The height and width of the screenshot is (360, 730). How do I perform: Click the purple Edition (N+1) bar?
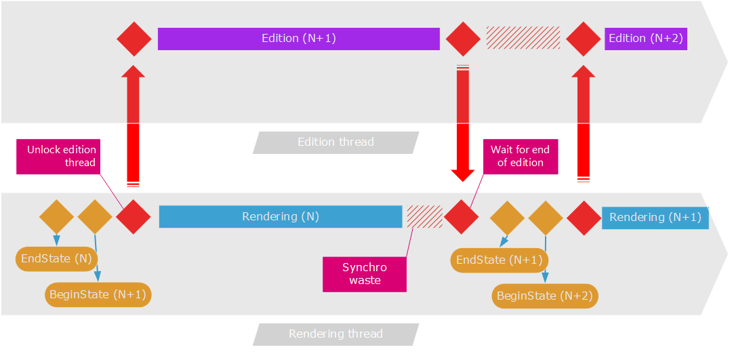click(299, 39)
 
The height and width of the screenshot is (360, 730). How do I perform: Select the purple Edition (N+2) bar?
click(645, 39)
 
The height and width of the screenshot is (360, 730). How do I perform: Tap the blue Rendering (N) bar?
click(280, 217)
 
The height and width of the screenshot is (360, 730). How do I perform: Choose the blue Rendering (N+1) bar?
click(655, 218)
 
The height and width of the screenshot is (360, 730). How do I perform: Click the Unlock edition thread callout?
click(61, 157)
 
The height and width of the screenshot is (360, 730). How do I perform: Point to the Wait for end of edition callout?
click(520, 157)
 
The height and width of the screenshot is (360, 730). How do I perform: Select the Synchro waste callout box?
click(365, 274)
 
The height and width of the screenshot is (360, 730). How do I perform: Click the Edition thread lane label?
click(336, 142)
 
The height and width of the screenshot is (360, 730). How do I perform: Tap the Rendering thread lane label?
click(336, 334)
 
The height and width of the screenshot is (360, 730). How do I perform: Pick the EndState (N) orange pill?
click(56, 258)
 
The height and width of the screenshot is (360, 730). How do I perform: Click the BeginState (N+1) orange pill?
click(98, 295)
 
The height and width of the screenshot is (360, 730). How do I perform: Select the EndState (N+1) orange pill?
click(500, 260)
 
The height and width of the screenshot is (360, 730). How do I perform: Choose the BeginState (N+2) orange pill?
click(545, 296)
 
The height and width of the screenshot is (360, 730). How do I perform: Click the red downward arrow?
click(463, 122)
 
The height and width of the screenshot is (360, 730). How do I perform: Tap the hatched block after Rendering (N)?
click(424, 217)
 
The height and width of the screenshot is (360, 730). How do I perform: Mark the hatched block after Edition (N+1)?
click(523, 38)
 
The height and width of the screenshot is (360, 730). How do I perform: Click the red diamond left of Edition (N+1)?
click(134, 39)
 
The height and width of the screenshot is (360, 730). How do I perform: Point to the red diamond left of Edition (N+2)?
click(584, 39)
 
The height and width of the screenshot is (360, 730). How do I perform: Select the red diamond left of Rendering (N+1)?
click(584, 218)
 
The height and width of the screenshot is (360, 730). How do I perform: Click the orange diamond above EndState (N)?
click(56, 217)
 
